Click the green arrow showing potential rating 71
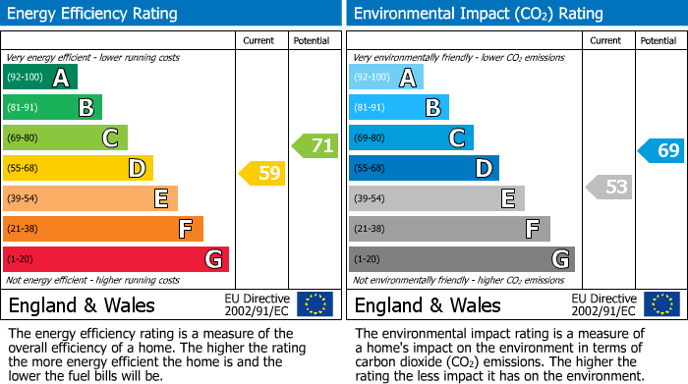[315, 146]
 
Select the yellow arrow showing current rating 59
[262, 174]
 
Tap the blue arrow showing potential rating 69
[661, 150]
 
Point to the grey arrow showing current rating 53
[608, 187]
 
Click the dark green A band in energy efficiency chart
[40, 78]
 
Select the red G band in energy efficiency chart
[115, 259]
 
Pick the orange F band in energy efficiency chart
[102, 229]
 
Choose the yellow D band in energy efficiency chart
[78, 168]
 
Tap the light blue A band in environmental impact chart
[386, 78]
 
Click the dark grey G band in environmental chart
[461, 259]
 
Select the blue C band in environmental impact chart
[411, 137]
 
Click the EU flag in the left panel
[315, 304]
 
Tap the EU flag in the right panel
[660, 304]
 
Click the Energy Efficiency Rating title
[93, 14]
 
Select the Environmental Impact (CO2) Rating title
[478, 14]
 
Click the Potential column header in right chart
[659, 40]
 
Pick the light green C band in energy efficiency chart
[65, 137]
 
